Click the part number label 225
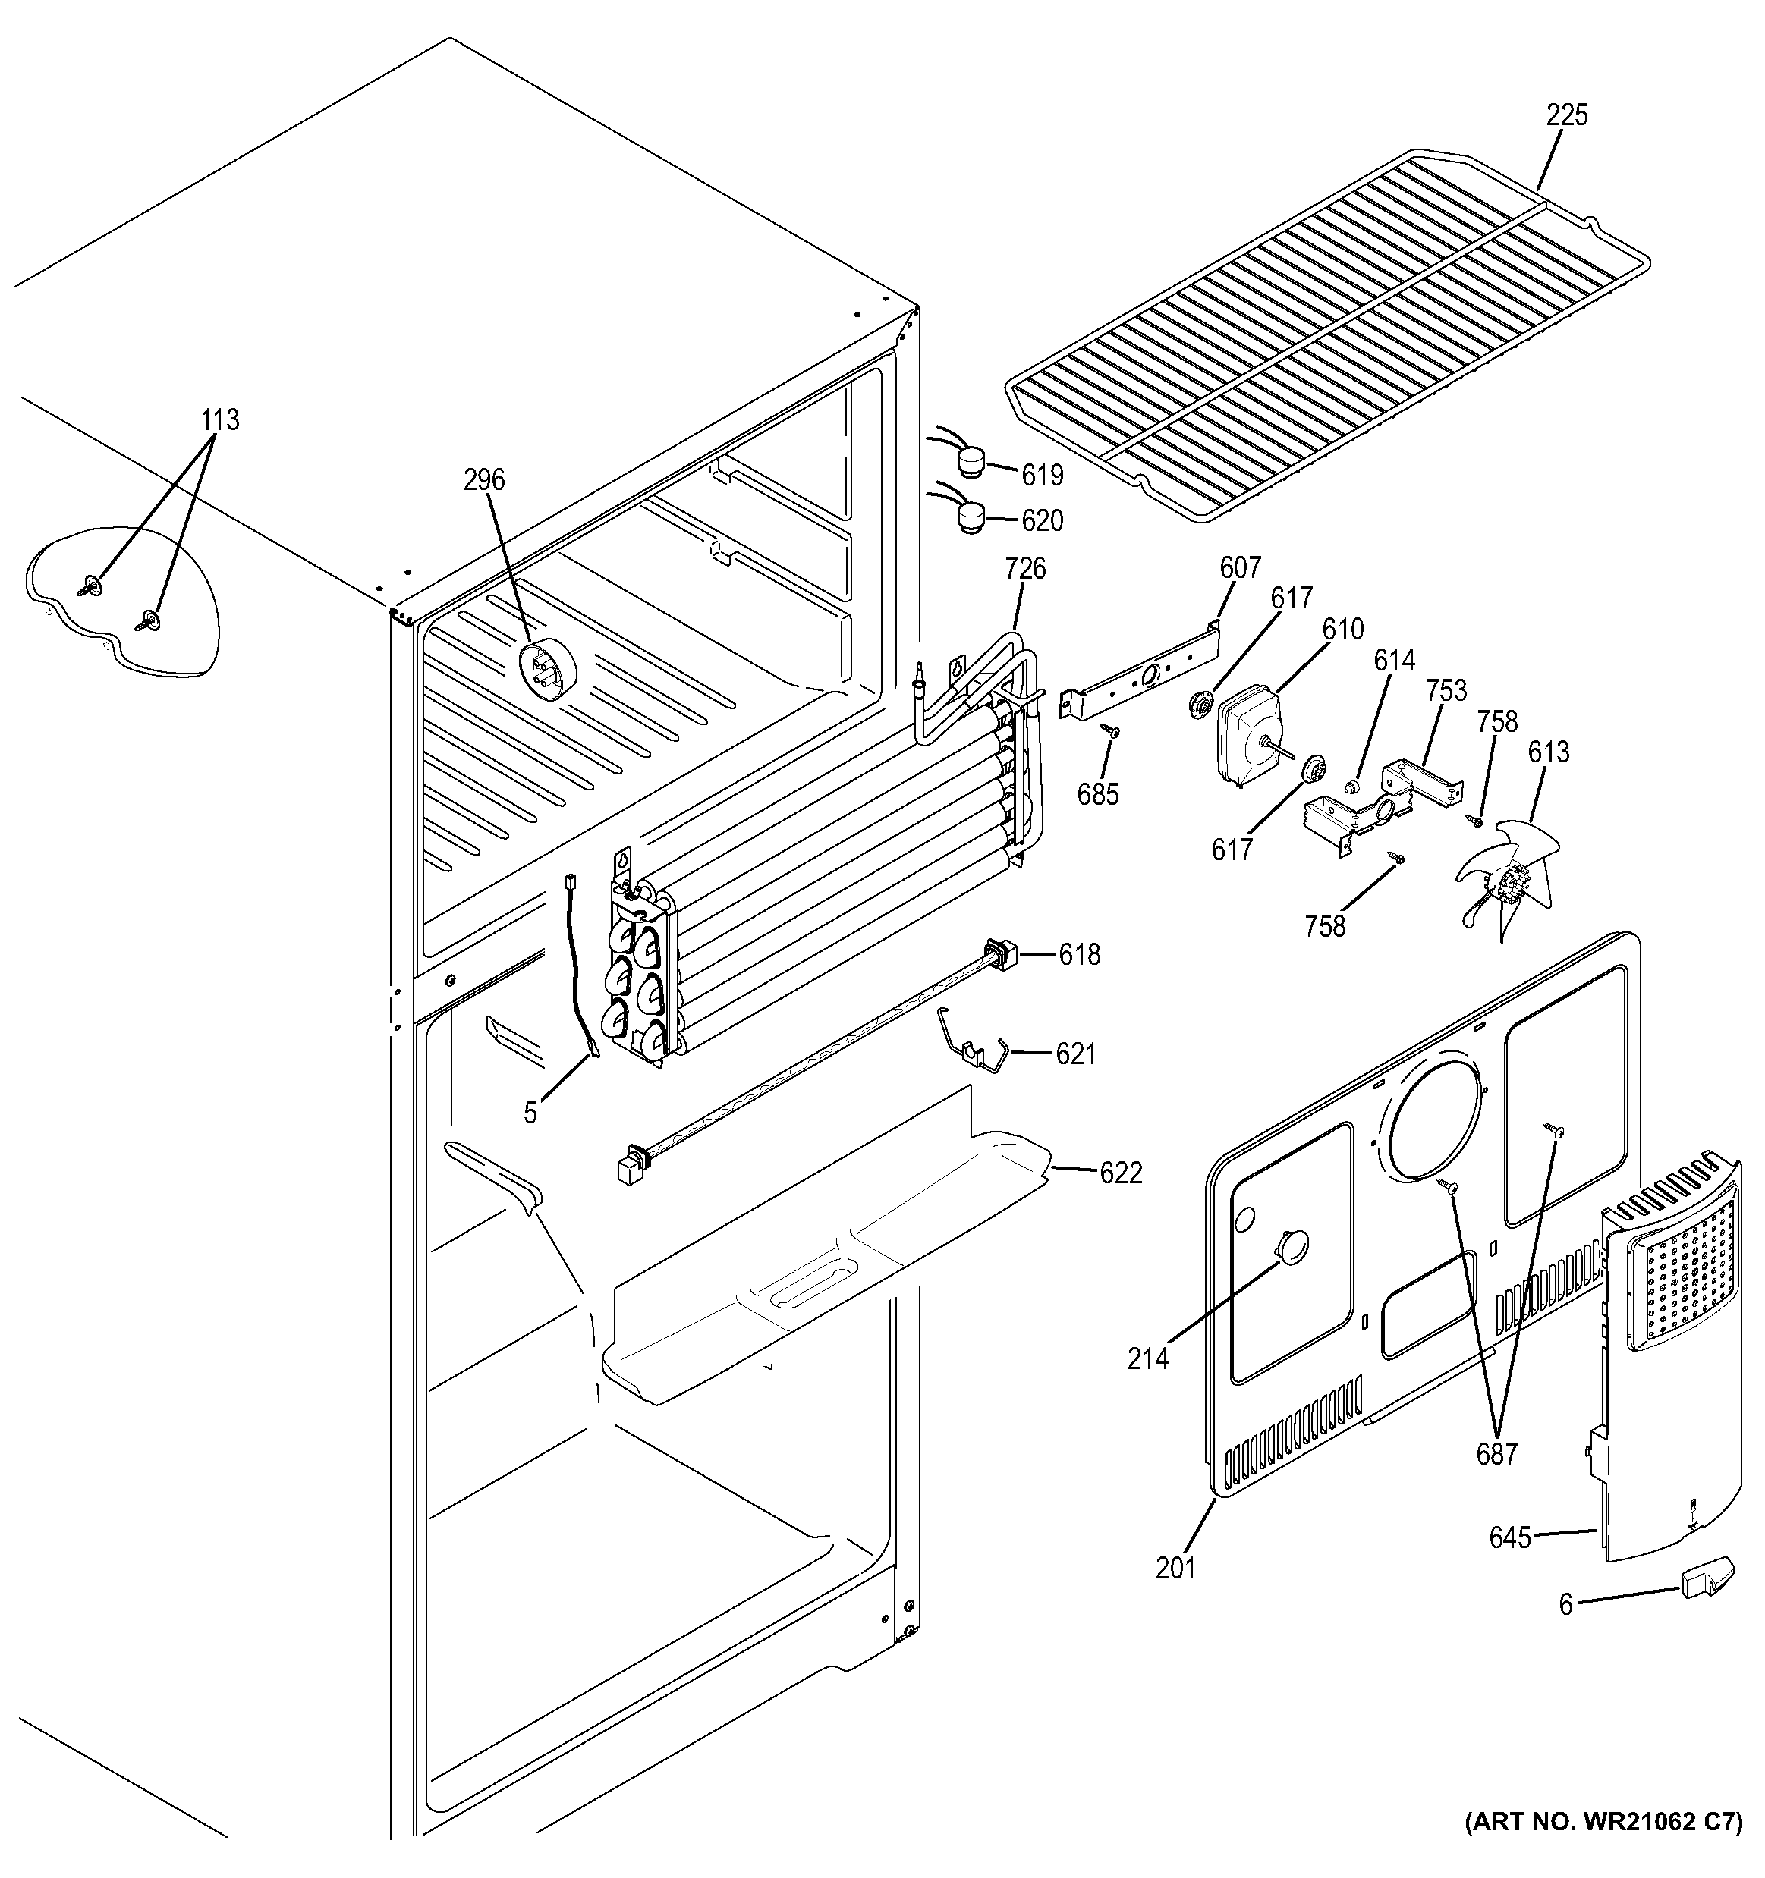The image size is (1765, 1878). coord(1567,115)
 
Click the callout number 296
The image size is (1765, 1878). coord(484,480)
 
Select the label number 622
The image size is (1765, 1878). coord(1121,1173)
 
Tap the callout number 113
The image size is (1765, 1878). coord(219,419)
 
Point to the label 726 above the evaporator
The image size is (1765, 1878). coord(1025,569)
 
